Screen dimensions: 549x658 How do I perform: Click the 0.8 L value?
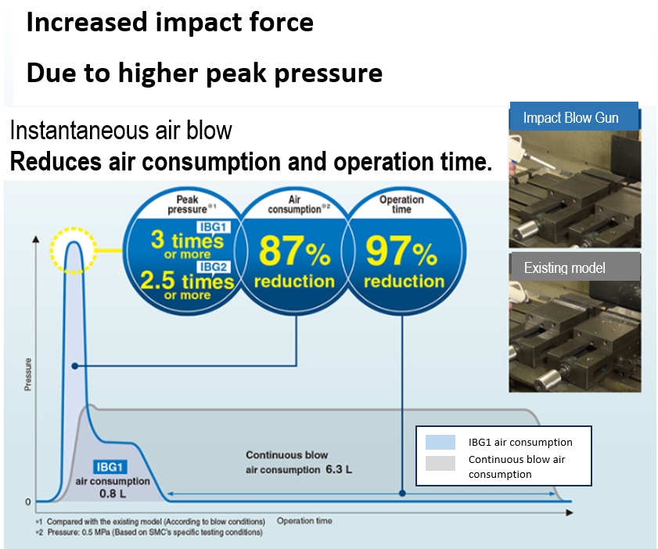(113, 494)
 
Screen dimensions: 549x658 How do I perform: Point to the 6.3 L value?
(338, 470)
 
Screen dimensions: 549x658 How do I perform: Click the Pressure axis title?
(29, 375)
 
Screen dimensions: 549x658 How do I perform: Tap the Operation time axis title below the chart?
(304, 521)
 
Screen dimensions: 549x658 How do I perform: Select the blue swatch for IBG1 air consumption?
(440, 442)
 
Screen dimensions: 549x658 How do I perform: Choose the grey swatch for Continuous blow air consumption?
(440, 462)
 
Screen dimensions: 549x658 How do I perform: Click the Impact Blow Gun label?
(570, 118)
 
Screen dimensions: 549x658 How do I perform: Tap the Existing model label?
(564, 267)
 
